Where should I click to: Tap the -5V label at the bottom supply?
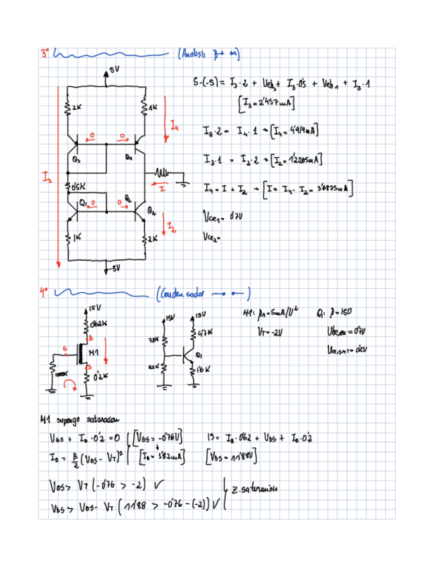(115, 268)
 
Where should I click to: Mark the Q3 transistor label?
(76, 160)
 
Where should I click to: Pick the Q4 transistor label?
(129, 158)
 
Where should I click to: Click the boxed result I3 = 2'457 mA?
(268, 104)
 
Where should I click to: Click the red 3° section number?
(45, 51)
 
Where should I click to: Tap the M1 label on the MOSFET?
(94, 352)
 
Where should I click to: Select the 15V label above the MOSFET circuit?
(94, 309)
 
